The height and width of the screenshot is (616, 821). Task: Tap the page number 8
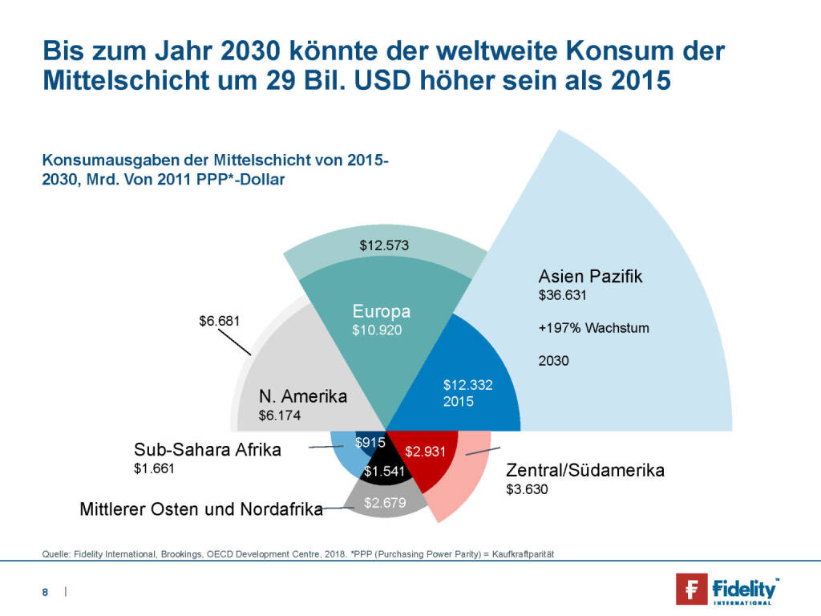pyautogui.click(x=46, y=592)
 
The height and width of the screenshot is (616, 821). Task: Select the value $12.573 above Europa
pyautogui.click(x=384, y=245)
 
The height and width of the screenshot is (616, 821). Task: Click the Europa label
pyautogui.click(x=382, y=311)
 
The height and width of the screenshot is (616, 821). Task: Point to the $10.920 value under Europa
pyautogui.click(x=377, y=329)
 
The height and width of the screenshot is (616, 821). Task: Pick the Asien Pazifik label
pyautogui.click(x=590, y=277)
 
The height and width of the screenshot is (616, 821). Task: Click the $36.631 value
pyautogui.click(x=563, y=295)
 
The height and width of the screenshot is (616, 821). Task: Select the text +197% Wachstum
pyautogui.click(x=593, y=328)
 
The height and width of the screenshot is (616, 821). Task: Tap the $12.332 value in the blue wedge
pyautogui.click(x=467, y=385)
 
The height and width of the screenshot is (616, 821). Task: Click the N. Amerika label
pyautogui.click(x=303, y=396)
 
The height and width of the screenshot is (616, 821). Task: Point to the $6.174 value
pyautogui.click(x=277, y=415)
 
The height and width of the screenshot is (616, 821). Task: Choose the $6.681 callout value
pyautogui.click(x=219, y=321)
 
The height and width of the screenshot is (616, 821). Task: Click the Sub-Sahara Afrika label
pyautogui.click(x=208, y=450)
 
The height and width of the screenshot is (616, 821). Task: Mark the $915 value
pyautogui.click(x=370, y=442)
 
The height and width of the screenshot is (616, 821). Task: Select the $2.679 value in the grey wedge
pyautogui.click(x=385, y=503)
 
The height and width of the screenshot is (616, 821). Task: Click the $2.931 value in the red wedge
pyautogui.click(x=425, y=451)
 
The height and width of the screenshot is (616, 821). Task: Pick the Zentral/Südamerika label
pyautogui.click(x=584, y=470)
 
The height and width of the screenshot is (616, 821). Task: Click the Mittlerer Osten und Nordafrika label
pyautogui.click(x=200, y=509)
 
